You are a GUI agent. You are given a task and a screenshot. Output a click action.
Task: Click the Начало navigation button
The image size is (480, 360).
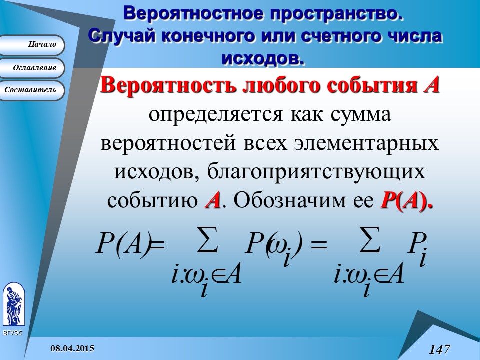[32, 45]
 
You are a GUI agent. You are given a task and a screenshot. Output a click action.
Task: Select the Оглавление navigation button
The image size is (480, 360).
[32, 68]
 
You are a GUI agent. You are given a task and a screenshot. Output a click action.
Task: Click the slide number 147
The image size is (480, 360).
[439, 349]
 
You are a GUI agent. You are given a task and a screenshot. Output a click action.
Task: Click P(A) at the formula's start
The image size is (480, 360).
[123, 245]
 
